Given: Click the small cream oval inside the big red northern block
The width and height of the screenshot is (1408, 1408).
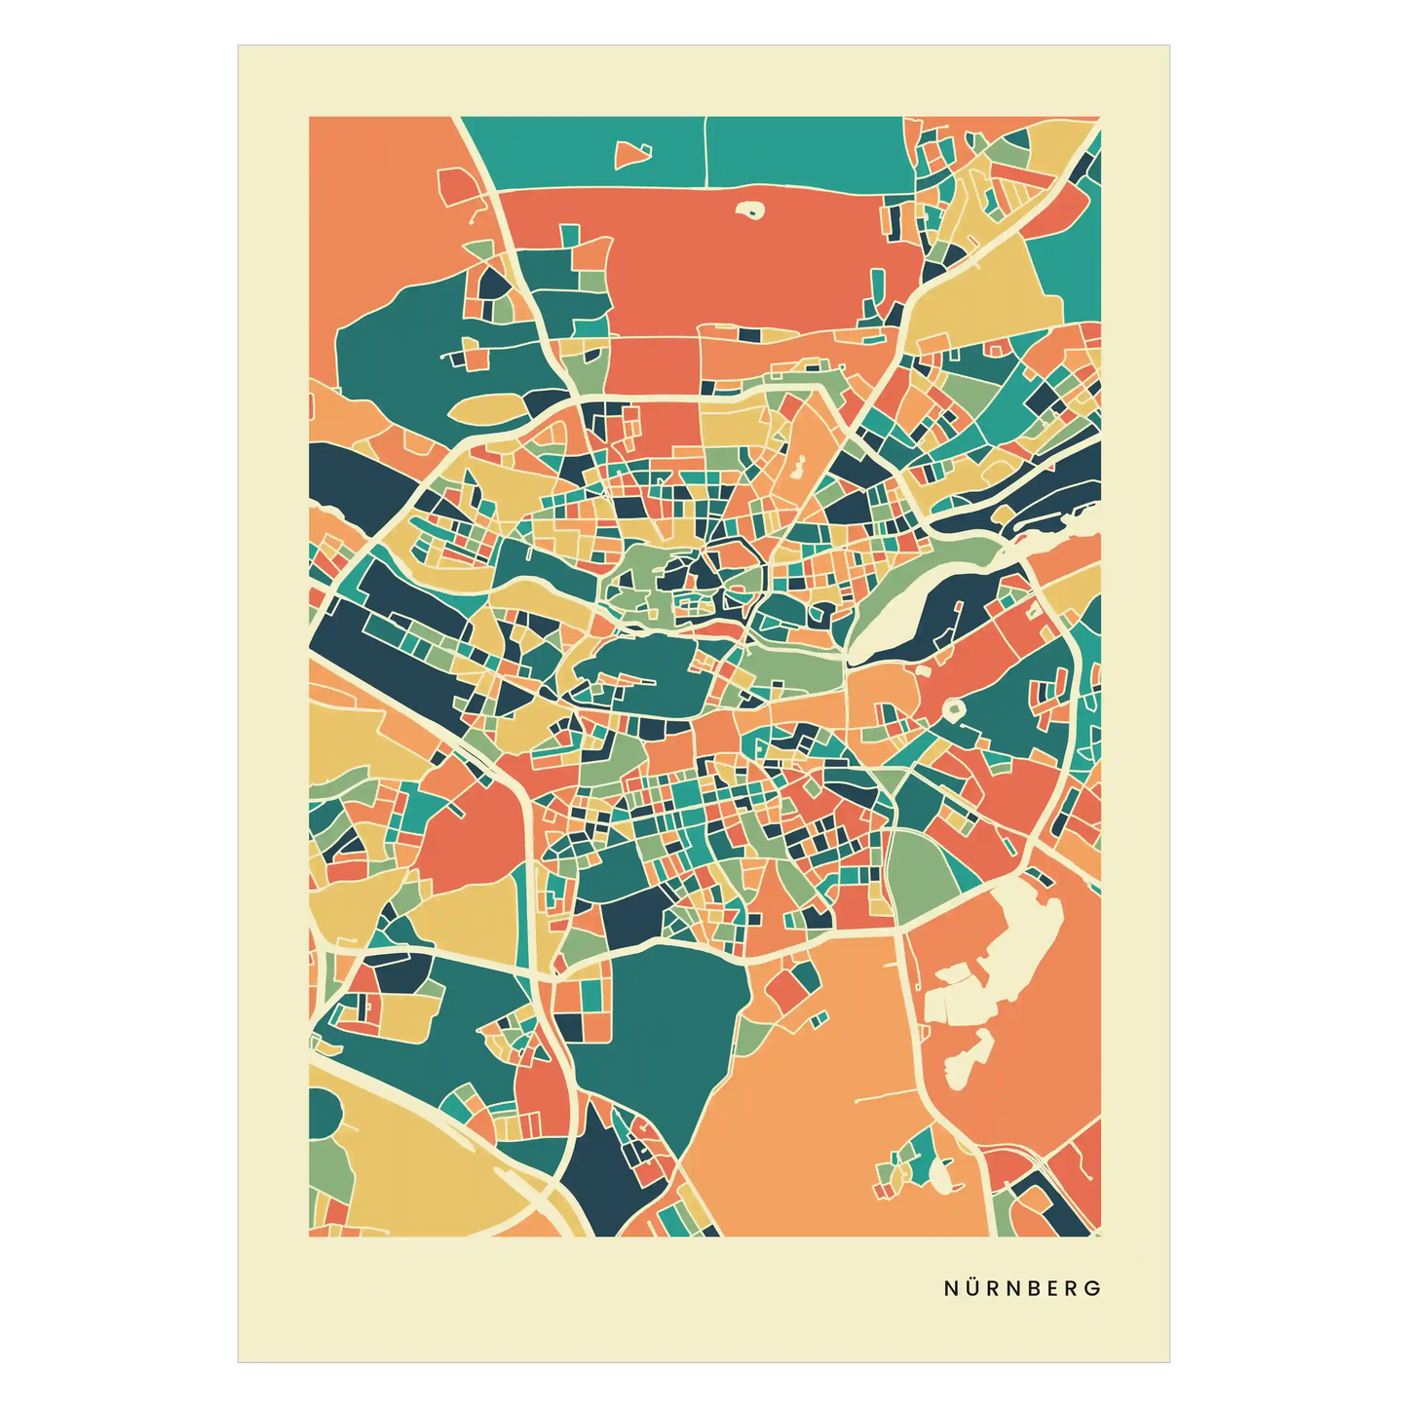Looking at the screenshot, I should point(749,209).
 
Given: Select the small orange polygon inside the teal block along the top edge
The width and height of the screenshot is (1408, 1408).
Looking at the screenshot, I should point(631,153).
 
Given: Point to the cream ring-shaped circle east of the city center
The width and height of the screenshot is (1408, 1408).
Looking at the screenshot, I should point(952,709).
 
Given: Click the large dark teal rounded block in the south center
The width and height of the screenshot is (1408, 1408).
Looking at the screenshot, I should point(663,1033).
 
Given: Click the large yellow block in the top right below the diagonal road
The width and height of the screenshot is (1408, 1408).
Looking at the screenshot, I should point(984,292).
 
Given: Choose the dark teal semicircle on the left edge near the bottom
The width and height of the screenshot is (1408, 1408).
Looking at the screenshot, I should point(323,1112).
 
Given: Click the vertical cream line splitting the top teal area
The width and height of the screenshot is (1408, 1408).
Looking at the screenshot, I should point(704,151).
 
